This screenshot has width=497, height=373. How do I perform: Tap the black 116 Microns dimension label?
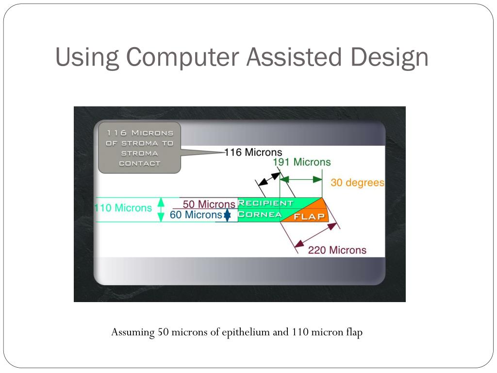253,152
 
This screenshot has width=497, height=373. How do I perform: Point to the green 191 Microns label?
301,162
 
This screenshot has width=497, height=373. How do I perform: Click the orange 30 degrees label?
357,183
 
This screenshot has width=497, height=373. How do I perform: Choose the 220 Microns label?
337,250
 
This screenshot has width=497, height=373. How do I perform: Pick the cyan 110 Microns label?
123,208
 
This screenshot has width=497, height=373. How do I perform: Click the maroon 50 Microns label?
209,204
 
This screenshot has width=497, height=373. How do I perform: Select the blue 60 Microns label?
196,215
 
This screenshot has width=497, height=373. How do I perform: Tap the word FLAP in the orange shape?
309,217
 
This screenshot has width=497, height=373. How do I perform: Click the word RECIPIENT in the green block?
265,203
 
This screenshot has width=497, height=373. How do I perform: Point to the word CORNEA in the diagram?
260,214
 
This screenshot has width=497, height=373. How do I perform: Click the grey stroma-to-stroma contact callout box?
139,148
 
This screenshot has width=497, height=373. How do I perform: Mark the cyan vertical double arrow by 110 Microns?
162,210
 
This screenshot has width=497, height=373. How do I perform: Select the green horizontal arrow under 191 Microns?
301,179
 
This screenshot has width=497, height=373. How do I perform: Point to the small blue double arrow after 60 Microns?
227,216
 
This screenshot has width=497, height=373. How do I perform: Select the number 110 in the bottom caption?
297,333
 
